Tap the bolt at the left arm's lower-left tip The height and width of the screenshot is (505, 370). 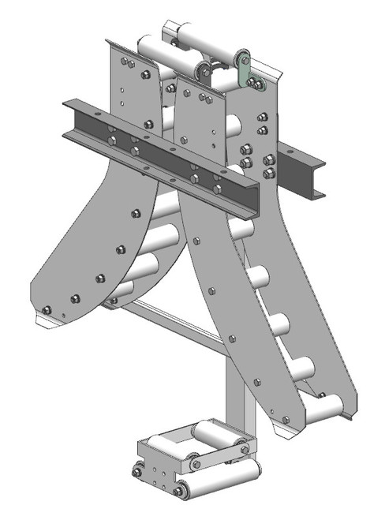47,309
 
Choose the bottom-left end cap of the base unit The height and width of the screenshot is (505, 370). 137,472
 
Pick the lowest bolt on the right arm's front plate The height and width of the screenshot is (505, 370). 285,420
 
